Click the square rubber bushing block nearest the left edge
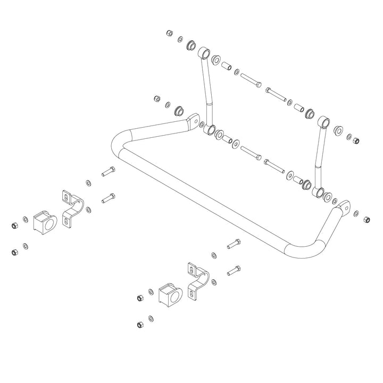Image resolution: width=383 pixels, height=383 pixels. (x=45, y=222)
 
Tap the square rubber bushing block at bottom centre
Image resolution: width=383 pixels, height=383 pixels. (x=170, y=294)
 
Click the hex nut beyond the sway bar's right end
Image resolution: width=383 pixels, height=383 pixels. (x=366, y=219)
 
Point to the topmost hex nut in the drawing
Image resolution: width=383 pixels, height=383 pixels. (x=169, y=33)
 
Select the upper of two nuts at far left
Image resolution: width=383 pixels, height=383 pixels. (x=15, y=226)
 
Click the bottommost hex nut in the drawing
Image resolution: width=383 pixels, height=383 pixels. (x=140, y=323)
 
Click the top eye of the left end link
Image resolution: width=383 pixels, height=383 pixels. (x=204, y=54)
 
